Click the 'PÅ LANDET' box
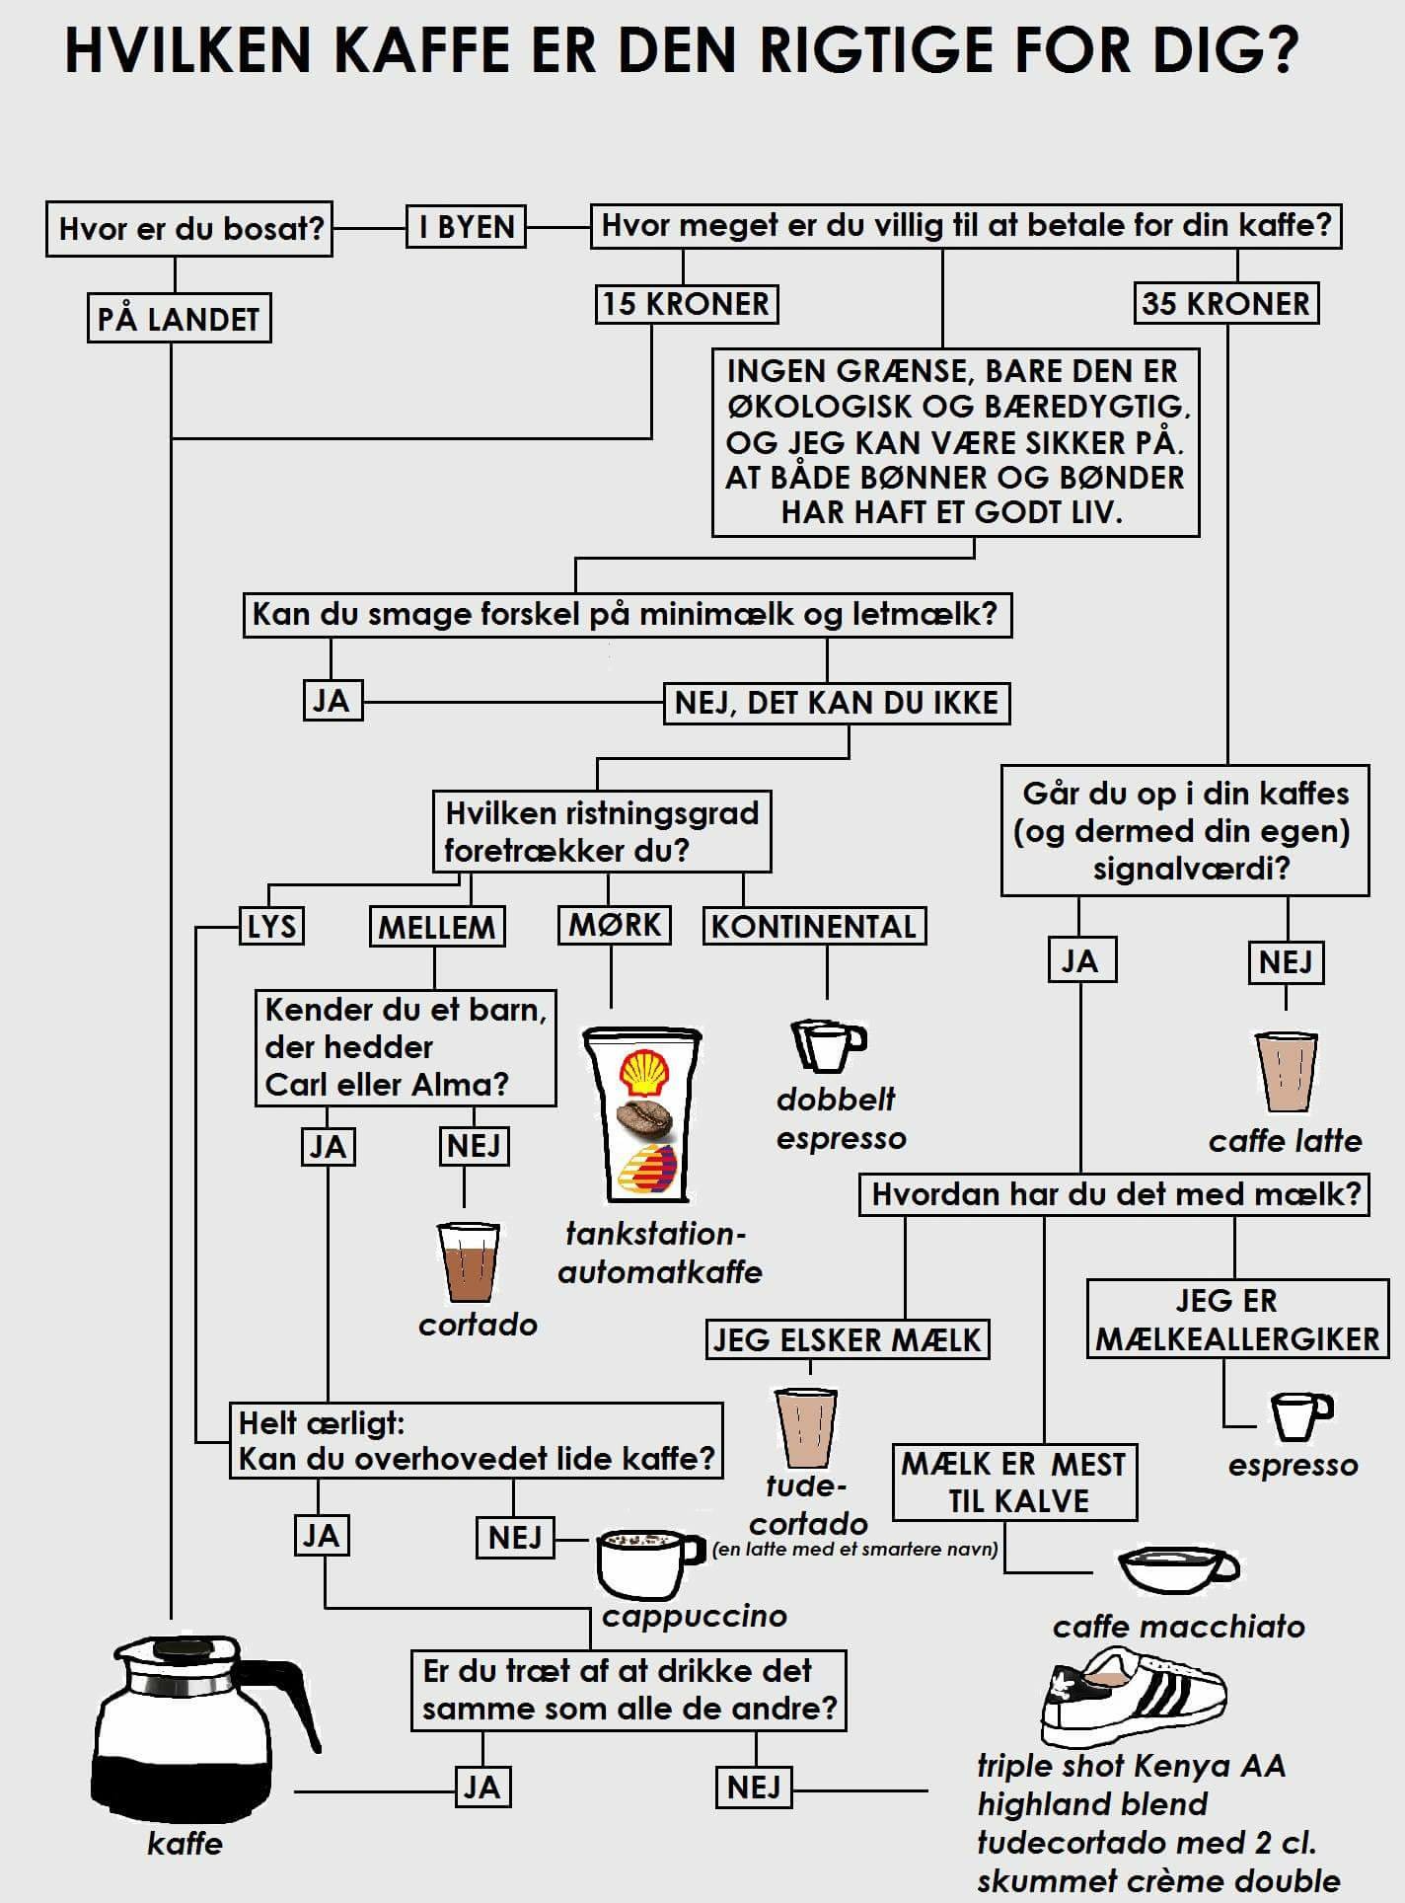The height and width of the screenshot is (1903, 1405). coord(179,319)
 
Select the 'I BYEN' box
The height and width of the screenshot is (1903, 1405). coord(467,227)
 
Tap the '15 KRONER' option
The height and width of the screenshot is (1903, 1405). coord(686,303)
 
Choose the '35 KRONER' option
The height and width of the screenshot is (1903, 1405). coord(1225,303)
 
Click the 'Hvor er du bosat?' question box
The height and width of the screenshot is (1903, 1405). coord(190,229)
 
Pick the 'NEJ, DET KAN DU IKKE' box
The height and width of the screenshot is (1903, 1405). coord(837,703)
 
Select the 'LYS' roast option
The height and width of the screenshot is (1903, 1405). coord(272,926)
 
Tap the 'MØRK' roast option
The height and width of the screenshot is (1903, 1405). coord(616,925)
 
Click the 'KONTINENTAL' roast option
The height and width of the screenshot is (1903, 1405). coord(814,926)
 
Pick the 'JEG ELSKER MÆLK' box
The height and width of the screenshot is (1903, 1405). coord(848,1339)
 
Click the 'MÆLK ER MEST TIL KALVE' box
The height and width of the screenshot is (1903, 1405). coord(1014,1483)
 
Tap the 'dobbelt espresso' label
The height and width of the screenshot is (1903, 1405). coord(840,1118)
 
